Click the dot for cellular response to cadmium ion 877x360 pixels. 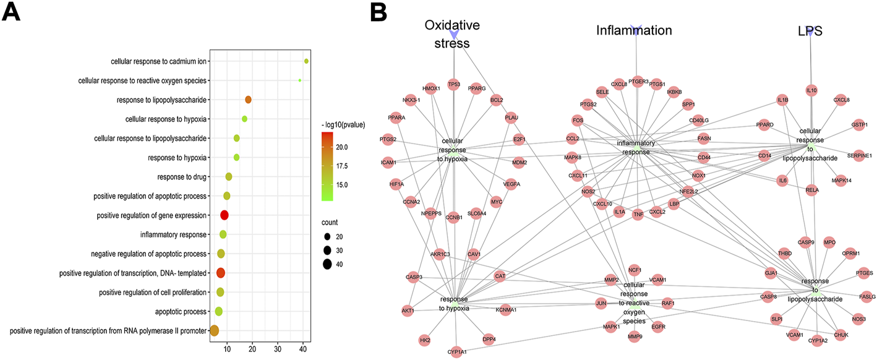click(306, 61)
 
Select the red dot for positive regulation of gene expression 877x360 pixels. click(225, 215)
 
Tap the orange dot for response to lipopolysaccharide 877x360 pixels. click(248, 100)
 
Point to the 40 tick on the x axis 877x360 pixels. click(303, 349)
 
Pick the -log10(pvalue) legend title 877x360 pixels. click(343, 124)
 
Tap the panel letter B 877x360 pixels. click(378, 12)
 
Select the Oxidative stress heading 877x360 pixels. click(451, 33)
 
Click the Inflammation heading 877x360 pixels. click(634, 30)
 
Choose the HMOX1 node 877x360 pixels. click(431, 88)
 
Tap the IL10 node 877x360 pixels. click(811, 90)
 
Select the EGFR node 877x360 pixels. click(658, 326)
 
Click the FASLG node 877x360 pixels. click(867, 297)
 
